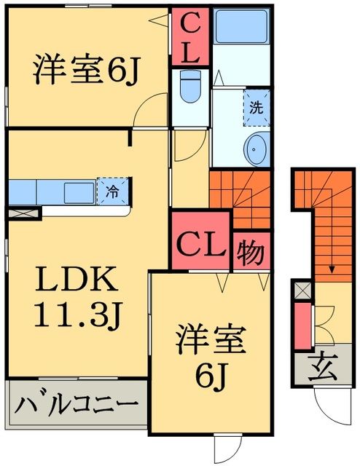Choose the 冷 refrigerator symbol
click(113, 191)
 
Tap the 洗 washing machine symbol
click(257, 105)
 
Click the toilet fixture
click(189, 88)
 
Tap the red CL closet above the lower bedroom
click(202, 242)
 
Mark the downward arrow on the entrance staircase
click(332, 268)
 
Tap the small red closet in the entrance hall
click(300, 325)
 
